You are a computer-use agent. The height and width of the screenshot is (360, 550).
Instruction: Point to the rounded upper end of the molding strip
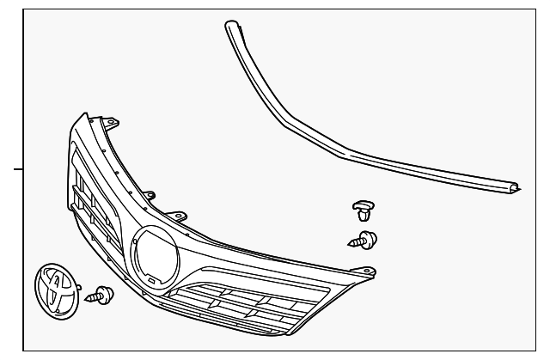pyautogui.click(x=229, y=26)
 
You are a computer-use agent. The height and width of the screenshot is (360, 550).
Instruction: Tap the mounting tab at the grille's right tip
pyautogui.click(x=370, y=272)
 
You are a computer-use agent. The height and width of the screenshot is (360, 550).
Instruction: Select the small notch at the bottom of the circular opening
pyautogui.click(x=150, y=279)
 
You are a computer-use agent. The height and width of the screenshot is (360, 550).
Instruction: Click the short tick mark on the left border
pyautogui.click(x=17, y=169)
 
